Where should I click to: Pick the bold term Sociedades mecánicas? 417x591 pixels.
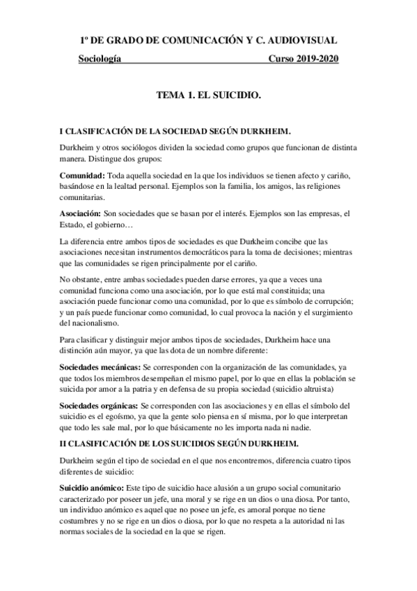(100, 367)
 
